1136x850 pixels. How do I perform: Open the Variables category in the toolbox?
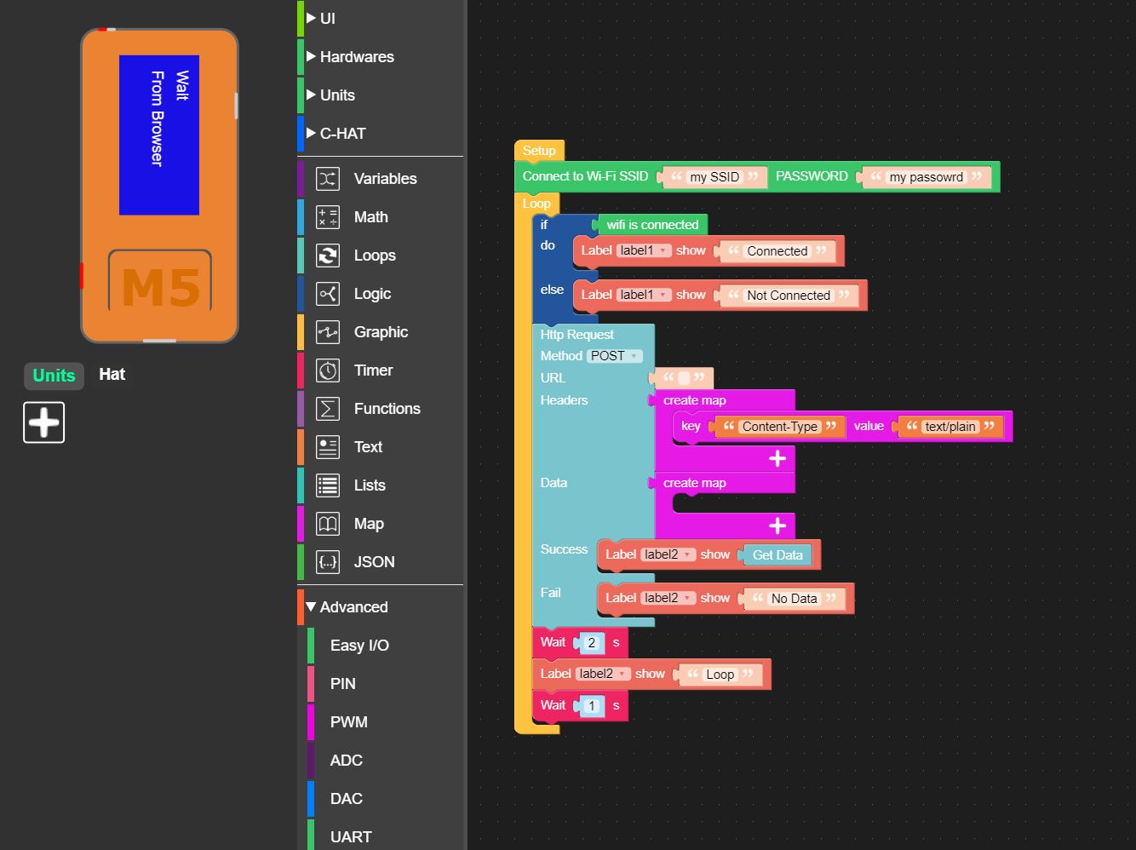click(x=385, y=179)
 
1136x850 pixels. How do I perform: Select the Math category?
click(x=370, y=217)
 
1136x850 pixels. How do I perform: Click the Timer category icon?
click(x=328, y=370)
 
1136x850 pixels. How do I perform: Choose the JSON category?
click(x=374, y=561)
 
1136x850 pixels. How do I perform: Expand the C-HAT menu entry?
click(x=342, y=134)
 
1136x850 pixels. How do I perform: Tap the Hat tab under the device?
click(x=112, y=374)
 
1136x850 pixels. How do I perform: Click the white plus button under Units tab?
click(x=44, y=422)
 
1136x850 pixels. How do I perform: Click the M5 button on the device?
click(x=160, y=282)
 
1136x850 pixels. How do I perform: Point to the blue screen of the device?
click(x=159, y=135)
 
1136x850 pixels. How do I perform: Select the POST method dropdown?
click(x=614, y=356)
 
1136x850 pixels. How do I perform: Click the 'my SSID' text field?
click(x=714, y=177)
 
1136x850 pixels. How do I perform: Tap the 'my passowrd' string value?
click(x=926, y=177)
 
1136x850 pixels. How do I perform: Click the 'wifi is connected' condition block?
click(x=652, y=225)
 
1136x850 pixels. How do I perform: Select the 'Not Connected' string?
click(x=789, y=295)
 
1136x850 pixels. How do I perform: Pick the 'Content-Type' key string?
click(x=779, y=427)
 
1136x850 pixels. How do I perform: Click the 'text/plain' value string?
click(x=950, y=427)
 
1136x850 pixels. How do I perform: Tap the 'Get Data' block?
click(x=777, y=555)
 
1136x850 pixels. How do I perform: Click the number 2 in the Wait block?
click(x=592, y=643)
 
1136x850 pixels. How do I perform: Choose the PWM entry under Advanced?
click(x=348, y=721)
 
